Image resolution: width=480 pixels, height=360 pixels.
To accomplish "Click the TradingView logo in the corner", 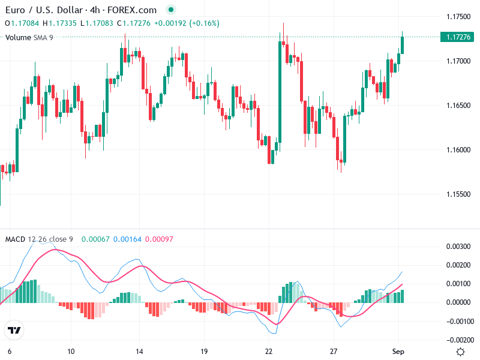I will tap(14, 330).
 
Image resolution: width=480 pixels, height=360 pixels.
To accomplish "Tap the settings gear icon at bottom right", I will tap(460, 352).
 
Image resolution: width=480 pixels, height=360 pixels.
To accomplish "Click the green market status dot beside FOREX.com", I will tap(171, 10).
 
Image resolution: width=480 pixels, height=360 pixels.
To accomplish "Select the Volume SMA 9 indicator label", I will tap(29, 37).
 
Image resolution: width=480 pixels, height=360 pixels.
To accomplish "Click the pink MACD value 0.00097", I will tap(159, 239).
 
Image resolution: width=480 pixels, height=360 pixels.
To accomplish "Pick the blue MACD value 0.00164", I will tap(127, 239).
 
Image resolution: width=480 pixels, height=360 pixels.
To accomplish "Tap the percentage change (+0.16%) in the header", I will tap(205, 23).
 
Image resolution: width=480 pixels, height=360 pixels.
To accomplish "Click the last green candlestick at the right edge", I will tap(403, 45).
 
